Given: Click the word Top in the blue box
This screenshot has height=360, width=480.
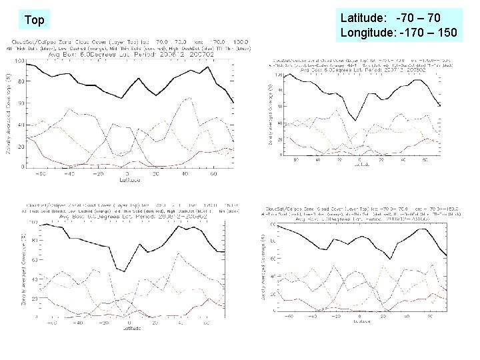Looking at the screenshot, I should tap(34, 20).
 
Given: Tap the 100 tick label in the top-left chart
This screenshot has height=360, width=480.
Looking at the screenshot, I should tap(19, 61).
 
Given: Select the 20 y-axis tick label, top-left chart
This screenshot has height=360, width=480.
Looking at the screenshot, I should tap(21, 146).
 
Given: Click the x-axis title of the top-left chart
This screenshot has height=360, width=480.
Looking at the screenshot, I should tap(129, 179).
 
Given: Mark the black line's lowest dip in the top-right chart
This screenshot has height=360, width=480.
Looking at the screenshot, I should tap(356, 120).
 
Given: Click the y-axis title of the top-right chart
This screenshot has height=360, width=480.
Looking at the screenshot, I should tap(270, 113).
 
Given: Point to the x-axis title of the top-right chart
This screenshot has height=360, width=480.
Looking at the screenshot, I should tap(359, 165).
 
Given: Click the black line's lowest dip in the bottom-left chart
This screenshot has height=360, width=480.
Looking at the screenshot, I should tap(123, 271).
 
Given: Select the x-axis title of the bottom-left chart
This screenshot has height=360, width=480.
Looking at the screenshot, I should tap(129, 327).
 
